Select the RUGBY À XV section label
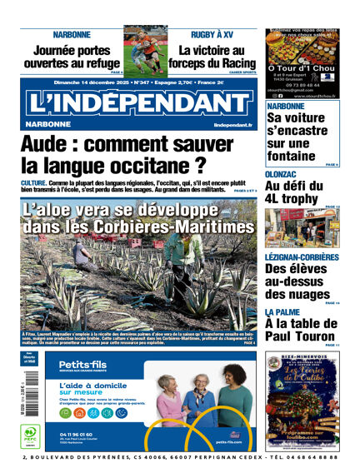click(212, 34)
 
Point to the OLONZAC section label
click(285, 173)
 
